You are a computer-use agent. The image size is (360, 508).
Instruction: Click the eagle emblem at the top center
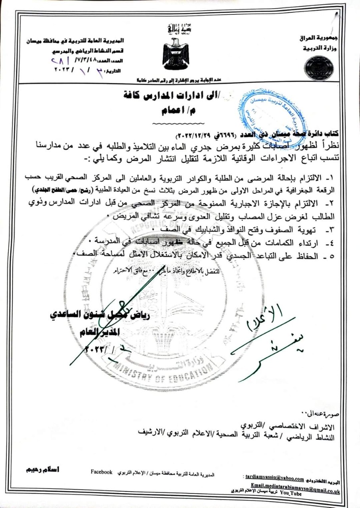point(175,54)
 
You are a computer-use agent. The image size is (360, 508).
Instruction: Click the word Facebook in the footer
point(102,472)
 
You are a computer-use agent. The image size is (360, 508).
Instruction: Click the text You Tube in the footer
point(291,491)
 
